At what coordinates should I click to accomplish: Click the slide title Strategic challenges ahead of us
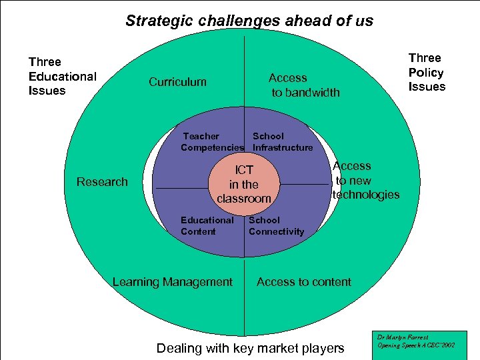[249, 21]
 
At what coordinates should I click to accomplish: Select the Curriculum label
[177, 82]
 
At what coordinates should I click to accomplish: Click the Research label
[102, 182]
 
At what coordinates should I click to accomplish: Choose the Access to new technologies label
[365, 180]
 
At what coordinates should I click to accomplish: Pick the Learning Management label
[173, 282]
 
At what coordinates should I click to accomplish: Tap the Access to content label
[303, 282]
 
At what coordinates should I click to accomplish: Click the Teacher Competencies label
[212, 141]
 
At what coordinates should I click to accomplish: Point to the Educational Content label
[207, 225]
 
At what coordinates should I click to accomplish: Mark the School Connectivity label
[276, 225]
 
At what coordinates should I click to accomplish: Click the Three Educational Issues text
[62, 76]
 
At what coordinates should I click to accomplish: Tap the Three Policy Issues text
[427, 72]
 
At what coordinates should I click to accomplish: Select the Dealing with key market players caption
[250, 347]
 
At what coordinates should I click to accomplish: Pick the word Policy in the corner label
[426, 72]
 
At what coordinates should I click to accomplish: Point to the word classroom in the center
[244, 198]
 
